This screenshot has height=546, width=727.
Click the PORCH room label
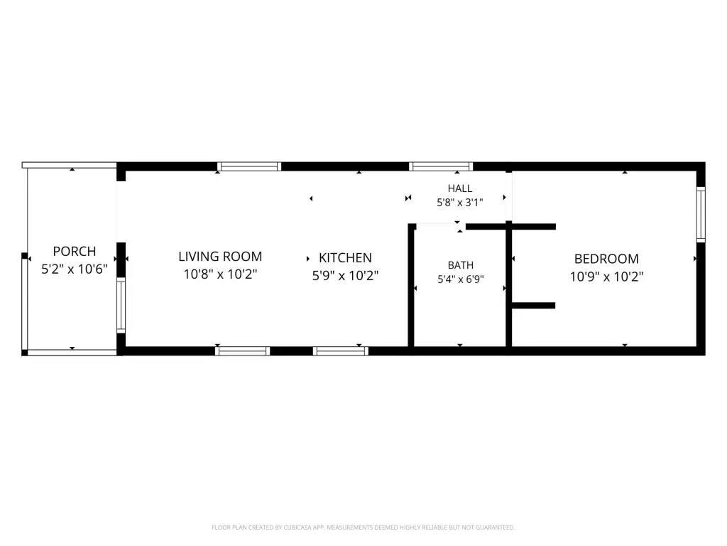[74, 251]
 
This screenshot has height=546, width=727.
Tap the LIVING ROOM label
[220, 256]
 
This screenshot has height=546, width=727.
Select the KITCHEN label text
[345, 257]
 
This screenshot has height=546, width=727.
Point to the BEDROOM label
[606, 259]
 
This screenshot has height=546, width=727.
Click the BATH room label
[460, 265]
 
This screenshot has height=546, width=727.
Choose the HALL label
[460, 188]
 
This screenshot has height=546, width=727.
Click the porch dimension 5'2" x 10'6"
[74, 269]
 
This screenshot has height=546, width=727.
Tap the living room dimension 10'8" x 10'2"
[220, 274]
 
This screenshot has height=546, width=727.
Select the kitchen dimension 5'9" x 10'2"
[345, 275]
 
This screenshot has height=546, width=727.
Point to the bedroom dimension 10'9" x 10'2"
[606, 277]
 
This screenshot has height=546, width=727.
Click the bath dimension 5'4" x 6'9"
[460, 279]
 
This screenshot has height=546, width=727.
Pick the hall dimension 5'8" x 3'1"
[460, 202]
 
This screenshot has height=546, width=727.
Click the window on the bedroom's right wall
[701, 215]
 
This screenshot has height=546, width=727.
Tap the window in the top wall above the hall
[440, 166]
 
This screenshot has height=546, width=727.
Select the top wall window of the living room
[249, 166]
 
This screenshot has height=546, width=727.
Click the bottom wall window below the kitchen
[341, 351]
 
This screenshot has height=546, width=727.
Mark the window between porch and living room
[121, 305]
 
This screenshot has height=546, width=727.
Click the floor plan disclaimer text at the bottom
[363, 528]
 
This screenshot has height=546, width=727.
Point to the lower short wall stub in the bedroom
[534, 306]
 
